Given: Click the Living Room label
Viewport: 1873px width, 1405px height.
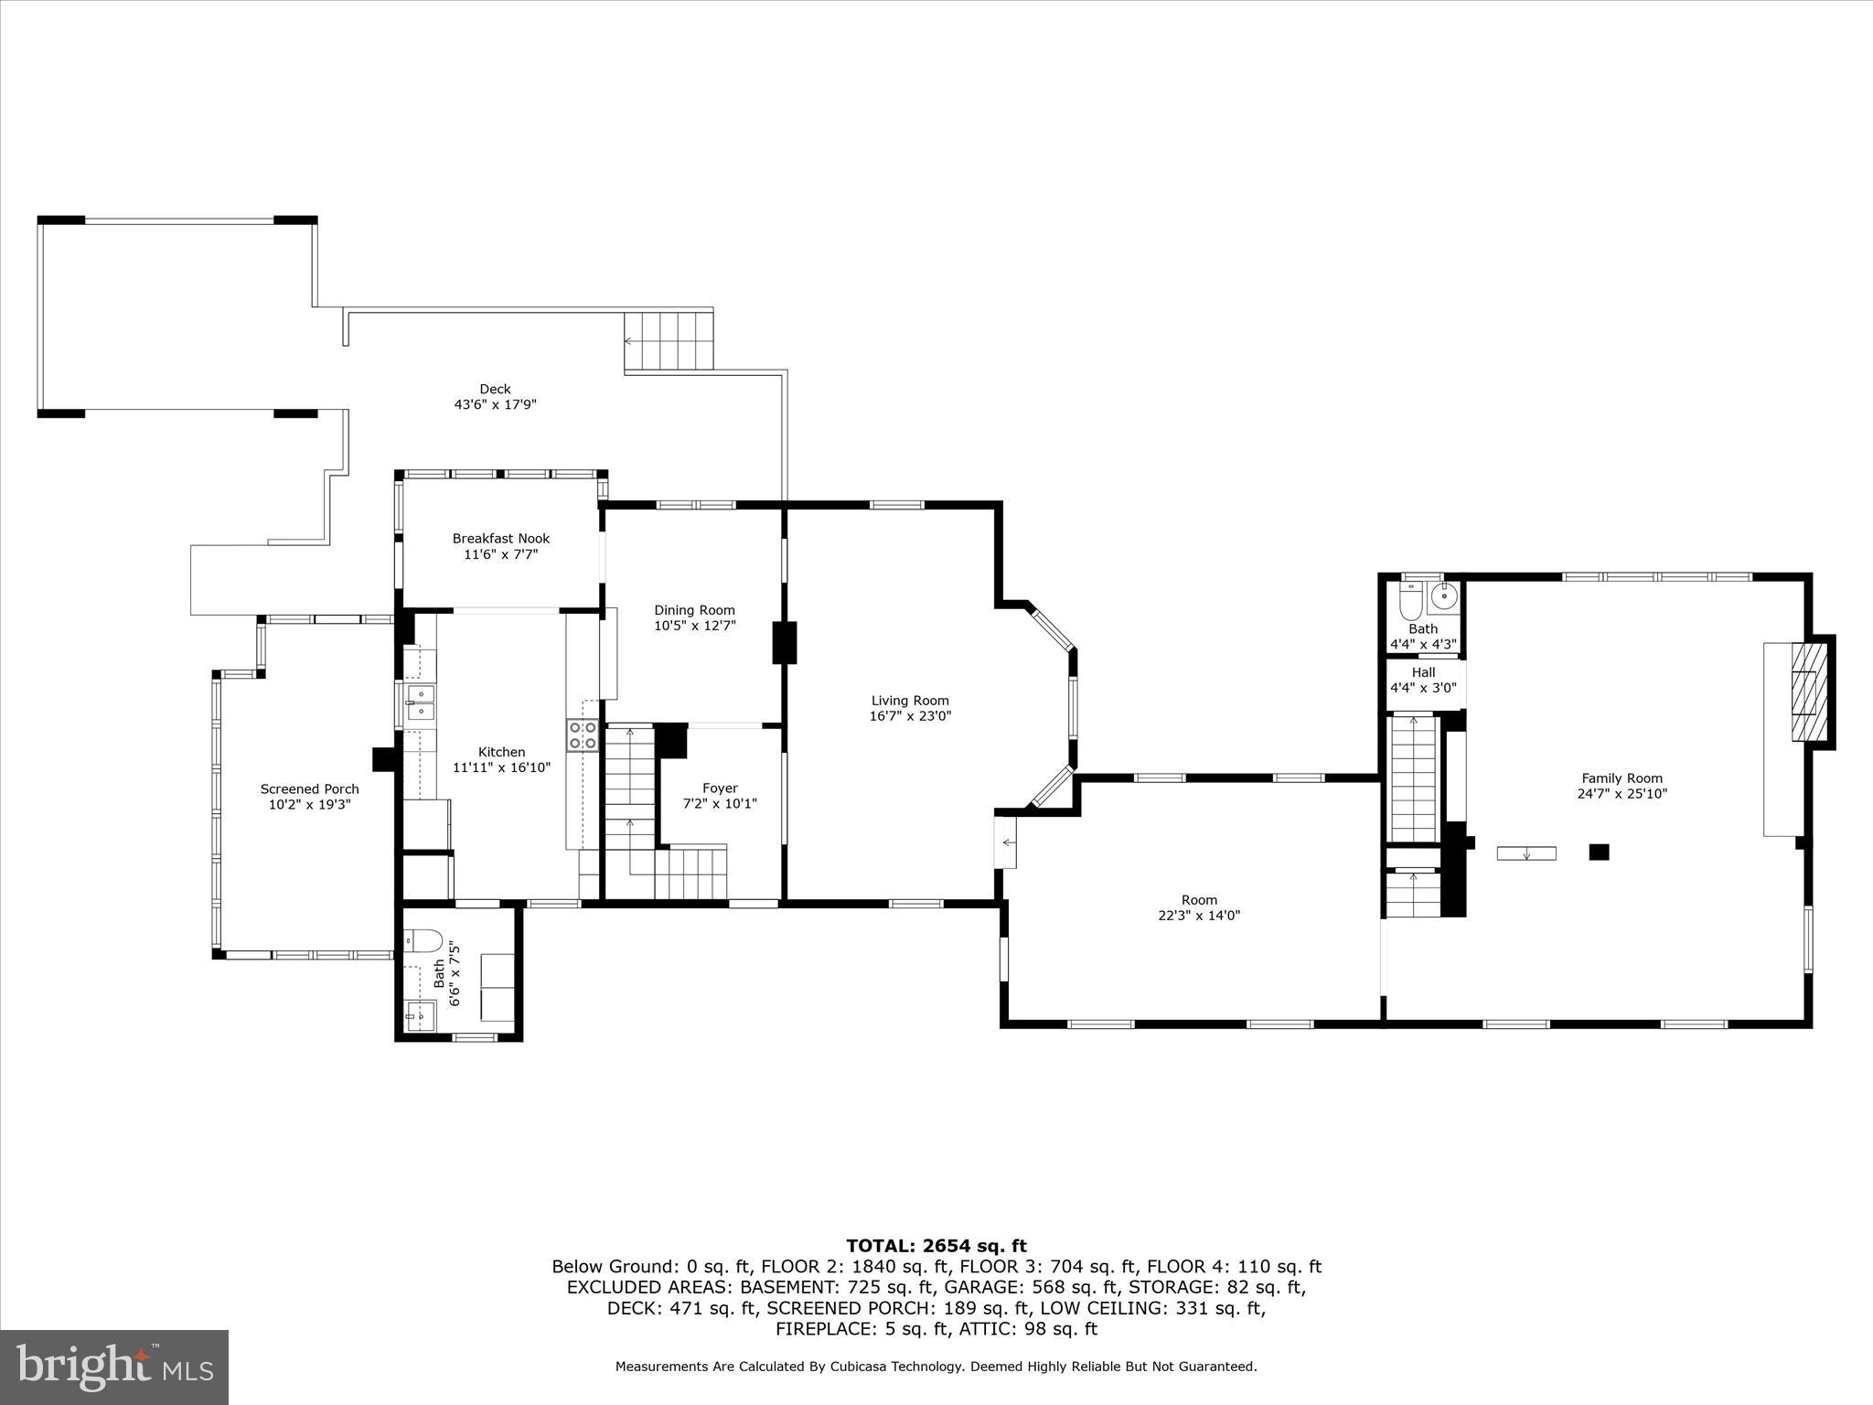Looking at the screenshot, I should (x=909, y=701).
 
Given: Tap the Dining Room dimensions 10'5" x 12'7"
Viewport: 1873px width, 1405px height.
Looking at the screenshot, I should (x=694, y=626).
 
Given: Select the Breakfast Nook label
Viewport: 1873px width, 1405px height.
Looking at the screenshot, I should (x=500, y=539).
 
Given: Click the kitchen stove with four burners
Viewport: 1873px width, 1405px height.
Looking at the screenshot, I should (x=583, y=735).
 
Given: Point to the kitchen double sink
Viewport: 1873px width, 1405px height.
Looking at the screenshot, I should (x=421, y=702).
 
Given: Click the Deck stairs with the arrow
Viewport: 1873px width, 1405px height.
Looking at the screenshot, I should (x=669, y=340).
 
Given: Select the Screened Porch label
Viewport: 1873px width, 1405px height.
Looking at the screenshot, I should (x=309, y=788).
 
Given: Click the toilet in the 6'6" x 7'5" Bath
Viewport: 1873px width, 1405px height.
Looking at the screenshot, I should (x=423, y=940).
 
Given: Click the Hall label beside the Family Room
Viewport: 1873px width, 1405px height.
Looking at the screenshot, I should (x=1423, y=672).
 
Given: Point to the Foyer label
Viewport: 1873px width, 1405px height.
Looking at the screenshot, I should (x=720, y=788).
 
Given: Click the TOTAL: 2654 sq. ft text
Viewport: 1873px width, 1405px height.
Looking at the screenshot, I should (x=936, y=1246).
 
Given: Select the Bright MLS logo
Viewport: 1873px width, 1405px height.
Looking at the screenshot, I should (x=114, y=1367).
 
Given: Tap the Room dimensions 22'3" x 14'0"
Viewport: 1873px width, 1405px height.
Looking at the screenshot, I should (x=1199, y=915).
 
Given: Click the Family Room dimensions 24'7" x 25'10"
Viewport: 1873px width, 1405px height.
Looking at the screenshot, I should (x=1622, y=794).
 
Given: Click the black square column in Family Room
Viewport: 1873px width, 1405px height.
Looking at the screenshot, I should (x=1599, y=852).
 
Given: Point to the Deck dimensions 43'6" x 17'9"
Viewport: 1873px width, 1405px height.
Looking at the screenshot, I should (x=495, y=404).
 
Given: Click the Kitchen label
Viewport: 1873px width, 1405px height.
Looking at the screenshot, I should (x=501, y=752).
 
